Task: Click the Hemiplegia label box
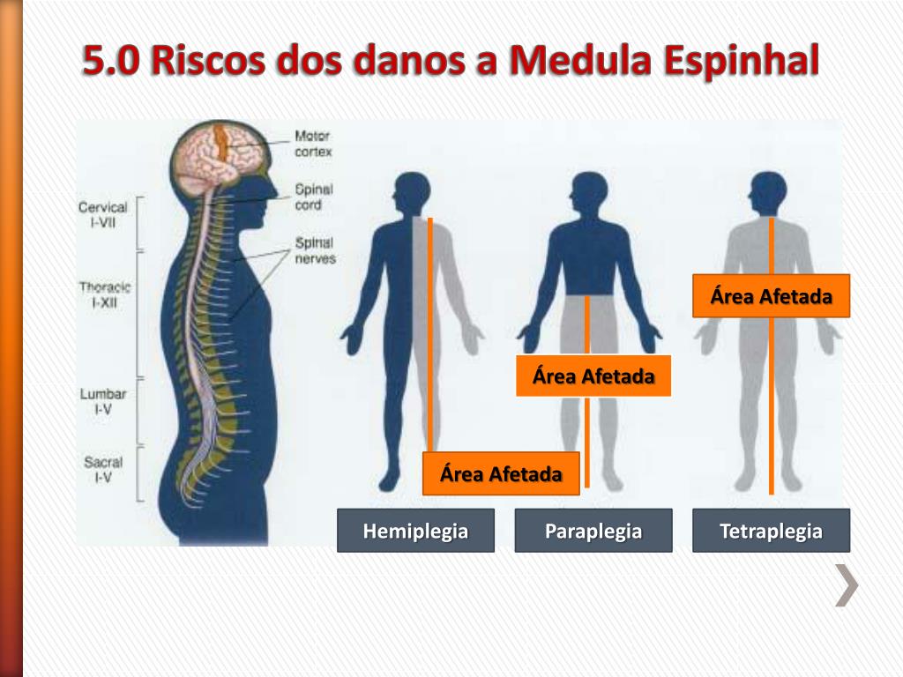[x=415, y=531]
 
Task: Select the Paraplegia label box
[x=593, y=531]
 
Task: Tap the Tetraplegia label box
[x=771, y=531]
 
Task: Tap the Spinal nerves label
[x=315, y=250]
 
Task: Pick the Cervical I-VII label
[x=103, y=215]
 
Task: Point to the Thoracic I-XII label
[x=104, y=294]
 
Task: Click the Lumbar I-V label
[x=104, y=402]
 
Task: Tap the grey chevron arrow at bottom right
[x=847, y=585]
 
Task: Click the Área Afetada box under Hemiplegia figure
[x=501, y=474]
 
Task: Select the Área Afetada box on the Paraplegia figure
[x=593, y=376]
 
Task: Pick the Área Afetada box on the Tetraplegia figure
[x=772, y=296]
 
